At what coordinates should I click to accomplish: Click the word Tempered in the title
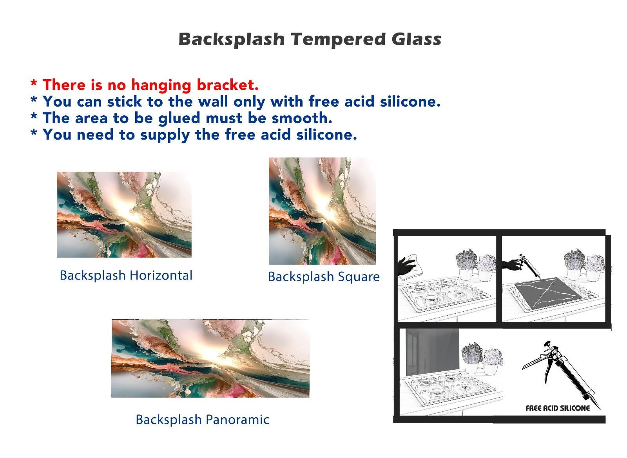click(338, 39)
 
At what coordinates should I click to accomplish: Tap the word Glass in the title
click(417, 39)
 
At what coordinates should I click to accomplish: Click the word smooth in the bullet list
click(302, 118)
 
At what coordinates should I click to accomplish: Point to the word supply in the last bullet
click(165, 135)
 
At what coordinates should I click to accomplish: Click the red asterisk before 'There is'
click(34, 83)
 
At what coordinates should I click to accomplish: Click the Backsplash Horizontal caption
click(126, 275)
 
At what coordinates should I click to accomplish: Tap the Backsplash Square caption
click(324, 277)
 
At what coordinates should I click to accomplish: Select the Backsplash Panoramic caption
click(202, 420)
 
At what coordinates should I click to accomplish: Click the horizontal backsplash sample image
click(124, 214)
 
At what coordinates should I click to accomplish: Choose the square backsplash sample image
click(323, 211)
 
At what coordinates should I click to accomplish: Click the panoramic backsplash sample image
click(210, 358)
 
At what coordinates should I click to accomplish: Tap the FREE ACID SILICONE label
click(558, 408)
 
